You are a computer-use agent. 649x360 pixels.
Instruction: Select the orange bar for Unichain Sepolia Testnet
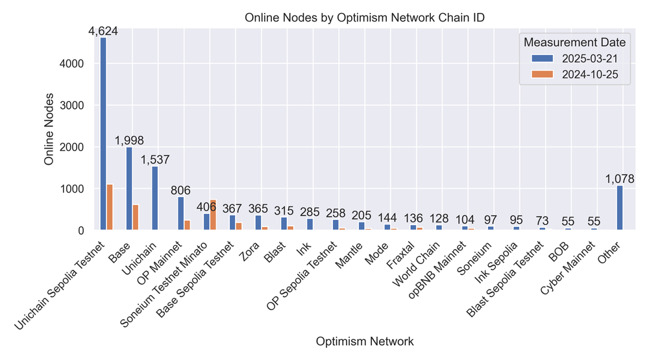pyautogui.click(x=110, y=207)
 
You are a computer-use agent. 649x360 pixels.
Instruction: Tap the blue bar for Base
pyautogui.click(x=129, y=188)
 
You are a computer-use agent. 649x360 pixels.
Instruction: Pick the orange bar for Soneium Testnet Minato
pyautogui.click(x=213, y=215)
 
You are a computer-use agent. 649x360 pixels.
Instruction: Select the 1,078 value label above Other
pyautogui.click(x=619, y=179)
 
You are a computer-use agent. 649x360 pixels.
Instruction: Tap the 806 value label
pyautogui.click(x=181, y=190)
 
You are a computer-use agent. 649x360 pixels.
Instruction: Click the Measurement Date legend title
pyautogui.click(x=574, y=42)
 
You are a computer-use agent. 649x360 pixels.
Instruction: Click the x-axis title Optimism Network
pyautogui.click(x=364, y=341)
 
